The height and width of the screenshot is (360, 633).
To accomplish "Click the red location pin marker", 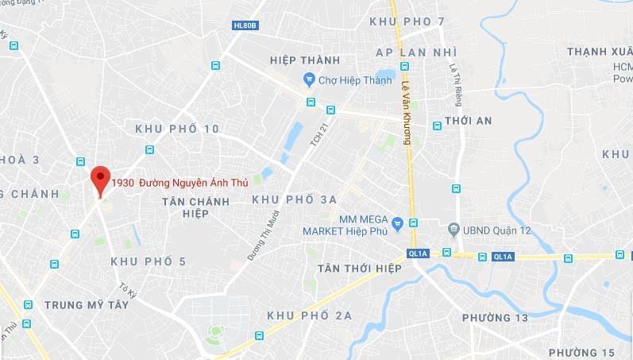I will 99,180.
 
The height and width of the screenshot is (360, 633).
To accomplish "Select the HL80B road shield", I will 245,25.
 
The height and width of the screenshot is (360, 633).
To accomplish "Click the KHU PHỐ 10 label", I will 177,129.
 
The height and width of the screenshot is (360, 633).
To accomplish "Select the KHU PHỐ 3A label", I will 295,199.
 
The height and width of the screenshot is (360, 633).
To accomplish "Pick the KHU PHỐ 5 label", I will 149,261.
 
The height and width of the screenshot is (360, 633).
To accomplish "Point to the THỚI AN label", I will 469,121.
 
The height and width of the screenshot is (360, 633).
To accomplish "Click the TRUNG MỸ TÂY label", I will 87,304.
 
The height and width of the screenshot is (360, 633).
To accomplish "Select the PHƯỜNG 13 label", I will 495,318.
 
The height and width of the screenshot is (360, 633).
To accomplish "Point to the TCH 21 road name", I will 317,139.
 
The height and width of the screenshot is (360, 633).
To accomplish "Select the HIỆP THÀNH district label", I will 304,60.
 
